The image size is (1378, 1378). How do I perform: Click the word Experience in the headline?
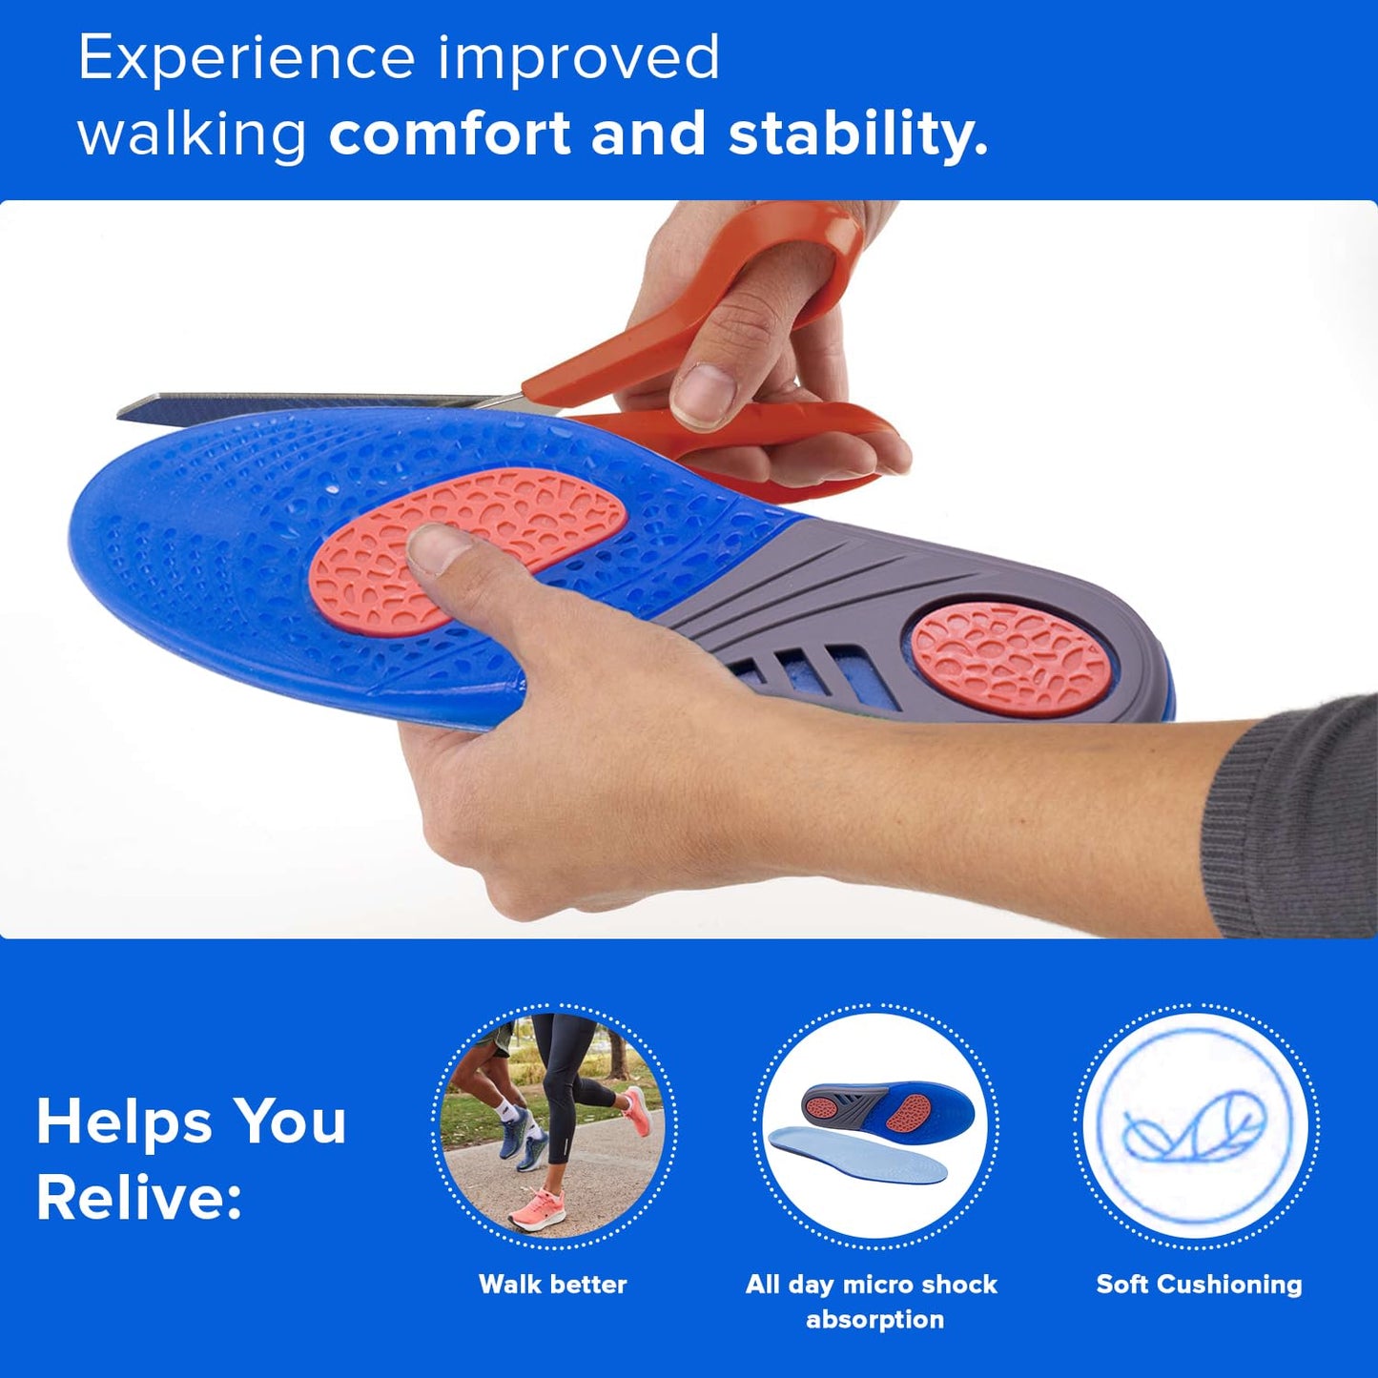pyautogui.click(x=246, y=59)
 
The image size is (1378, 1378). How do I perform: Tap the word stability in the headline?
pyautogui.click(x=857, y=133)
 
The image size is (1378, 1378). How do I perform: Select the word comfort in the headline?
pyautogui.click(x=449, y=133)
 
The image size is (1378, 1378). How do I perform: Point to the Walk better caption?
pyautogui.click(x=552, y=1285)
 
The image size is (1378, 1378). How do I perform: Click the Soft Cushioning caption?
pyautogui.click(x=1199, y=1285)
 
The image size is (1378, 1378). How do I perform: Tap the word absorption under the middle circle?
pyautogui.click(x=874, y=1320)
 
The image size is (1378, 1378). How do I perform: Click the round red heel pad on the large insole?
pyautogui.click(x=1012, y=658)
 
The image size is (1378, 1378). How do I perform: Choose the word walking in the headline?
pyautogui.click(x=192, y=134)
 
